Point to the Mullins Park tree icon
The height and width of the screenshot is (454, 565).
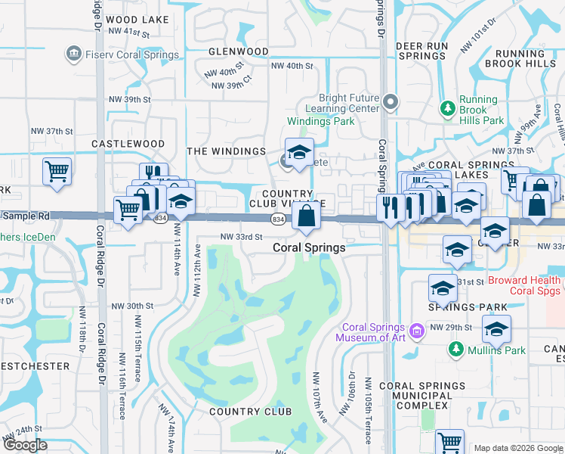455,349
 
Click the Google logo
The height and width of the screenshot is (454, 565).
25,445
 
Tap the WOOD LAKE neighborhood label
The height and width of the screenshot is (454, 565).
138,20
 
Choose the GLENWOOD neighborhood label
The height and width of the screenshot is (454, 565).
239,51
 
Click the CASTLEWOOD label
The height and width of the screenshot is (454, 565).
128,143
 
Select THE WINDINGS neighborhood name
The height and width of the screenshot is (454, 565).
226,151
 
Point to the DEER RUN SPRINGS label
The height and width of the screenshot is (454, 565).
421,51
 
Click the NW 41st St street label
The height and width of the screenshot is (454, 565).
129,32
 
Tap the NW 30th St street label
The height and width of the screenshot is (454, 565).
132,306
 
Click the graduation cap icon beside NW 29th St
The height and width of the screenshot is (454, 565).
496,330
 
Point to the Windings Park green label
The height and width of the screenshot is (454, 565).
320,121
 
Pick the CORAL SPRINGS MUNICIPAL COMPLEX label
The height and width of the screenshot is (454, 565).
422,396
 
